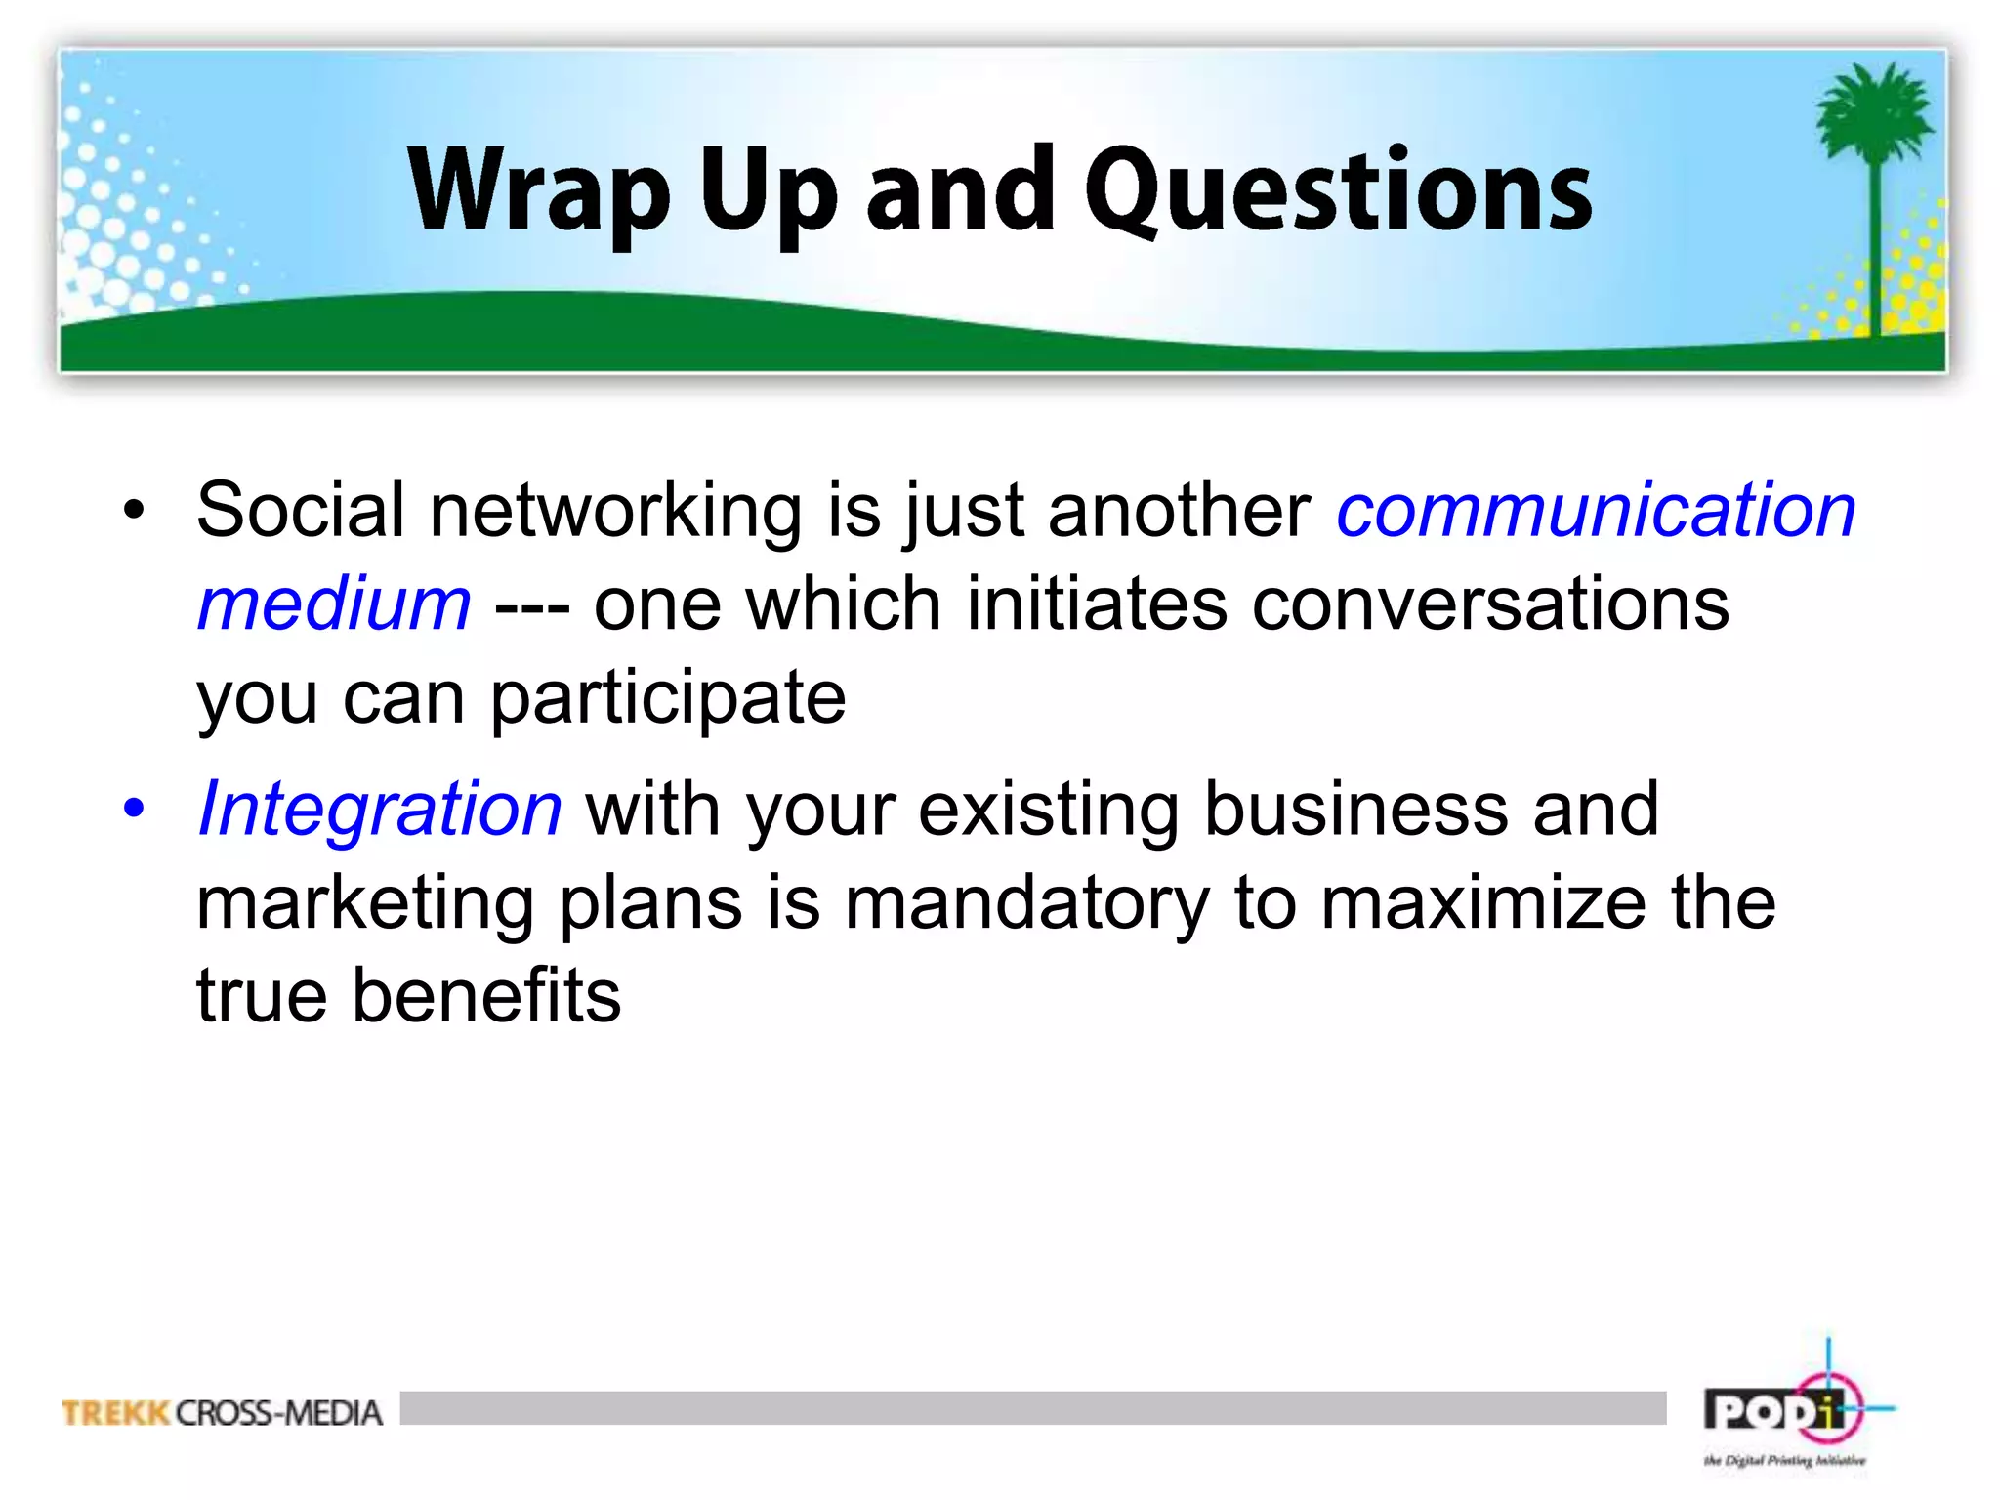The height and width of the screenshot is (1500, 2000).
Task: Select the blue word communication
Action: [1596, 511]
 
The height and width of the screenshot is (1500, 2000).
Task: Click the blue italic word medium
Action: [334, 604]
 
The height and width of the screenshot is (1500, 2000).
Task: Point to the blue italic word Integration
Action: [380, 809]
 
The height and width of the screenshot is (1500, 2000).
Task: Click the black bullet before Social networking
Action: [134, 511]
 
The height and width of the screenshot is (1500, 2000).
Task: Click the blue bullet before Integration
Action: [134, 809]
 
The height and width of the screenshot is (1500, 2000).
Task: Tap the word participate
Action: [668, 699]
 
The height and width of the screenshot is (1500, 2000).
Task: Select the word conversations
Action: [1490, 604]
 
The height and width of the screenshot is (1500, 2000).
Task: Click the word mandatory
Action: [1026, 903]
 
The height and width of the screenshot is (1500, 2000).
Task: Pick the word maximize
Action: [1483, 903]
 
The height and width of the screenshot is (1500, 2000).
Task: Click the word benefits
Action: [485, 996]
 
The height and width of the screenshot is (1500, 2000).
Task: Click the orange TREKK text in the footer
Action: [116, 1413]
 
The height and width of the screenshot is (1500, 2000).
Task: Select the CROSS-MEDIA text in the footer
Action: [279, 1413]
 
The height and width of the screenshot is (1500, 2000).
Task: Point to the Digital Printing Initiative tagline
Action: [1784, 1461]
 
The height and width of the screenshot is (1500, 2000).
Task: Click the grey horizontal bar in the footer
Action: [1032, 1408]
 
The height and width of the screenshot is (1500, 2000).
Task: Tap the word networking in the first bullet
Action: [615, 511]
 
